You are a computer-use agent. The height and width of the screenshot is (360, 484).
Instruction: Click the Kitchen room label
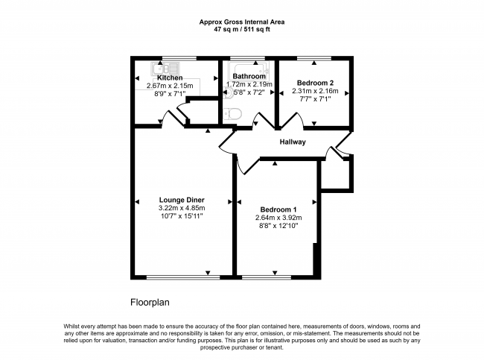170,78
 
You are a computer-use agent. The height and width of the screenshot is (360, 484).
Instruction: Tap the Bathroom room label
249,76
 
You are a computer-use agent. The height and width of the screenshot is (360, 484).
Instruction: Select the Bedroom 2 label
315,83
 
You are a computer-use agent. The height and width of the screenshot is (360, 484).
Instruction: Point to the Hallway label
293,142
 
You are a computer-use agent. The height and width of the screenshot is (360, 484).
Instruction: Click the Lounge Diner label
182,200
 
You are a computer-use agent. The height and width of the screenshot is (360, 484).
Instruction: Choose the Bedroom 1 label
278,209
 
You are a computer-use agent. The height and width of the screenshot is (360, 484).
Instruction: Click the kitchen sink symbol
165,69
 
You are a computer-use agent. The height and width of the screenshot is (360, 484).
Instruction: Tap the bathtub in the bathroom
249,71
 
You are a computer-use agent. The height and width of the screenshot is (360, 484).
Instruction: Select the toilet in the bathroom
232,114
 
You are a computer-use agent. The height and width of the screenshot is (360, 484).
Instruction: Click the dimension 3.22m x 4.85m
182,208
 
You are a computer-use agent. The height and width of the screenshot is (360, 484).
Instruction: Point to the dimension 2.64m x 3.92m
278,218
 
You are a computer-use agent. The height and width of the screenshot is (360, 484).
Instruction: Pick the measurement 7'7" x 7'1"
315,99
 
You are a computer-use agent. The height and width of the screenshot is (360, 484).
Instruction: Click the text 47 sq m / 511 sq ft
242,30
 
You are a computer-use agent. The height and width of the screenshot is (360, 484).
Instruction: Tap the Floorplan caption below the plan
150,302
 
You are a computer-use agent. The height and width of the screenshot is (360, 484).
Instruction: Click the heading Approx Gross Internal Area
242,22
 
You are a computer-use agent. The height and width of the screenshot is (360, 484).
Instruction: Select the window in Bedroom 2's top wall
314,58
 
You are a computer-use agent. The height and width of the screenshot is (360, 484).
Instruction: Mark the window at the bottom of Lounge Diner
183,277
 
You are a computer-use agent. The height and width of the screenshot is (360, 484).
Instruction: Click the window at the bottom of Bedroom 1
267,277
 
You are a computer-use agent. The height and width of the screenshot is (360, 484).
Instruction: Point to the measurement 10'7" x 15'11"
182,216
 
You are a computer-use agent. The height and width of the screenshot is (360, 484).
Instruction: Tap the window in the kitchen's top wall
179,58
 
